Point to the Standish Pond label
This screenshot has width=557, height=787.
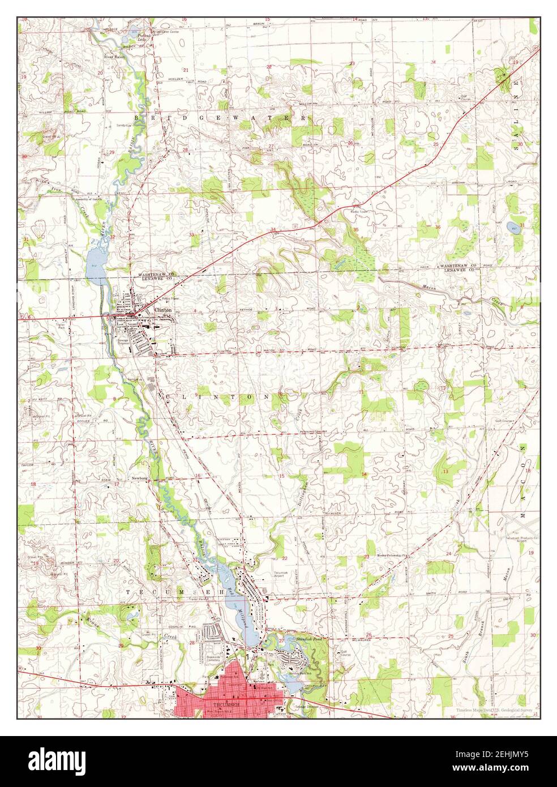click(x=309, y=639)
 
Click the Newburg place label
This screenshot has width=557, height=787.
click(x=139, y=478)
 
